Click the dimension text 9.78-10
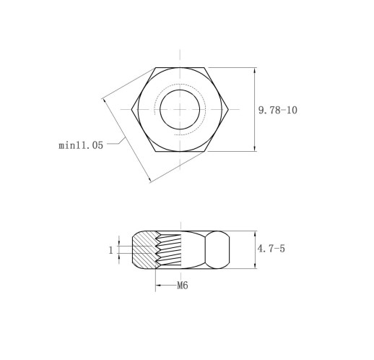pos(278,110)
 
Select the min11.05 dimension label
pos(81,145)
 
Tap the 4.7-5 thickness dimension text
pos(271,249)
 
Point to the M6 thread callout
pos(183,286)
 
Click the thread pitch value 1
pos(110,250)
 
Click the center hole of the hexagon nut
pos(180,109)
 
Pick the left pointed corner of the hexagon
pos(131,109)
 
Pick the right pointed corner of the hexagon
pos(228,109)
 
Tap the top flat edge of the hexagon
pos(180,68)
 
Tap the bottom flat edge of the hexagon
pos(180,151)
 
